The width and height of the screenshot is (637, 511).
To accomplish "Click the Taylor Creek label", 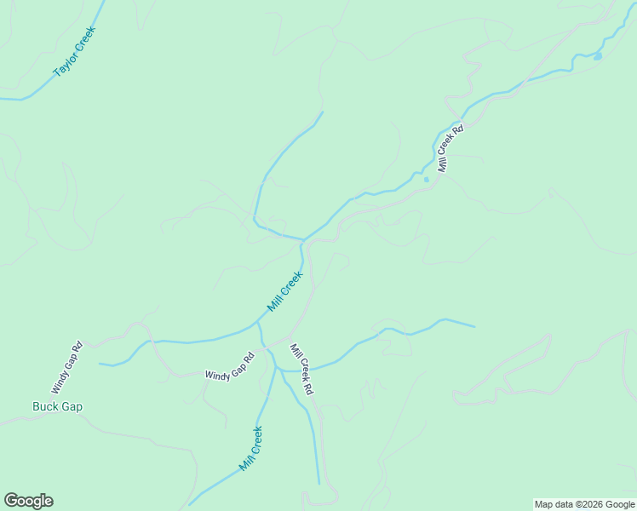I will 75,53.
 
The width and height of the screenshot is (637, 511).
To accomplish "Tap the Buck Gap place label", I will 57,406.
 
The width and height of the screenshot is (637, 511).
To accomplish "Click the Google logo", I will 28,501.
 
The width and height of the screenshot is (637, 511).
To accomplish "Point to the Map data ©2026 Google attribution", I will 585,504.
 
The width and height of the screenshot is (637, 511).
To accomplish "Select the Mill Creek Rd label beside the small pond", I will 450,149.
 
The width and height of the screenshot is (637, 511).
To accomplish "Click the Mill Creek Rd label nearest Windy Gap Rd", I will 302,369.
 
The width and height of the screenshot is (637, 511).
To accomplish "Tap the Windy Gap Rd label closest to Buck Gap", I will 66,367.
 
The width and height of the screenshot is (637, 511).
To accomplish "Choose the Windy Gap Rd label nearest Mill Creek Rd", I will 230,365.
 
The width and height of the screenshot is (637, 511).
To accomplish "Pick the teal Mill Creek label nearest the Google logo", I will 250,449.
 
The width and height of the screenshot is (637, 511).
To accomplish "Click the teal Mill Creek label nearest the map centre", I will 285,291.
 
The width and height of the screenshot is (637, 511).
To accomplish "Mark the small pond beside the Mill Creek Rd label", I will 426,179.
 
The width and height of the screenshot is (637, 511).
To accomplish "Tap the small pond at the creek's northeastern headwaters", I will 597,56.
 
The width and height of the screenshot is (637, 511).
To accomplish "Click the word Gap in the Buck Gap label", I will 72,406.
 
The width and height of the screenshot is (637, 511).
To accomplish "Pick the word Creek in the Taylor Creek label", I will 85,40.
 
